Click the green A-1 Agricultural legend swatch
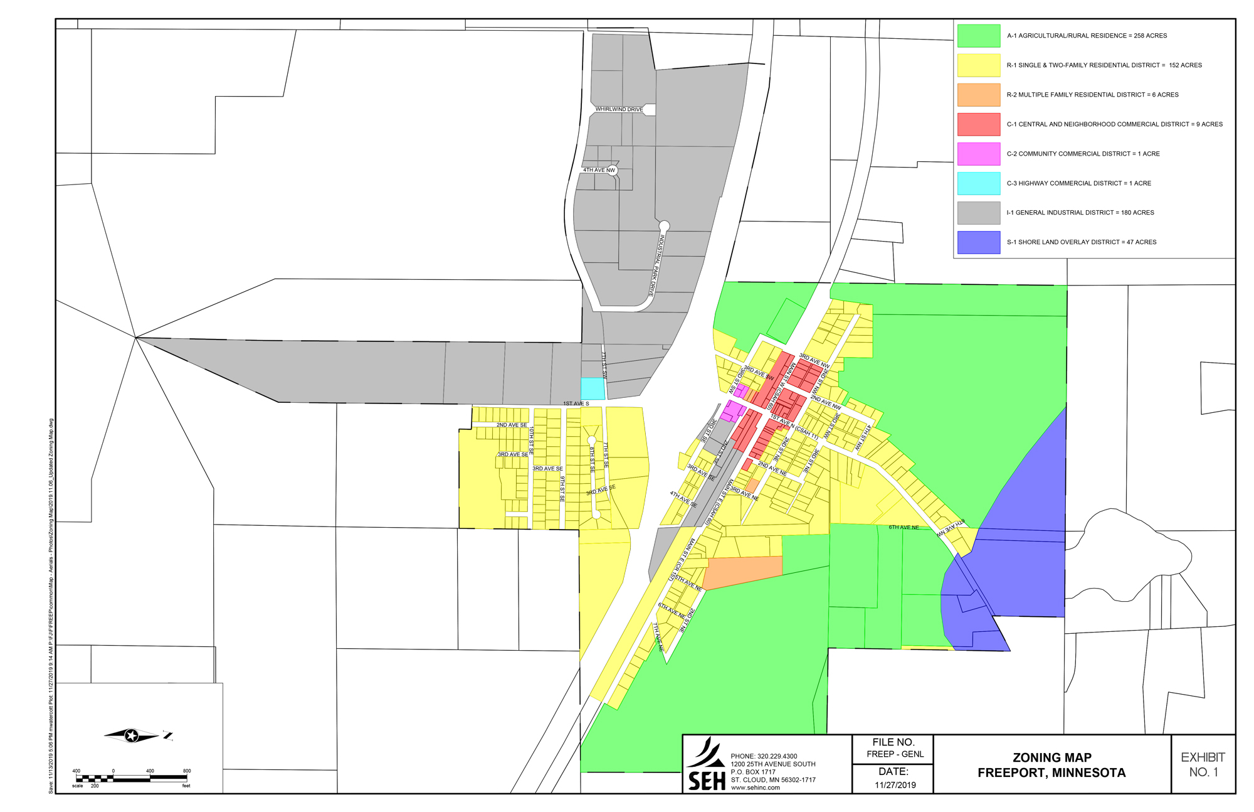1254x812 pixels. coord(978,36)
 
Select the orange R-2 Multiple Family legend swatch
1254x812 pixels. coord(978,95)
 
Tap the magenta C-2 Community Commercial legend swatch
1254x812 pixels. coord(978,154)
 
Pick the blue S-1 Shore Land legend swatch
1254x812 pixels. coord(978,242)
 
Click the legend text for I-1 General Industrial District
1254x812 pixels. coord(1080,213)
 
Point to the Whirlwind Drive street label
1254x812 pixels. coord(619,109)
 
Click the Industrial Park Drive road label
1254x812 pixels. coord(656,265)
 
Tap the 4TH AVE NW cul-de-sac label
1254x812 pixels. coord(599,170)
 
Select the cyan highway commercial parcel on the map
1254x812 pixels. coord(593,388)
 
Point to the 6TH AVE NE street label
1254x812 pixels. coord(904,527)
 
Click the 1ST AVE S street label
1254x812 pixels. coord(576,403)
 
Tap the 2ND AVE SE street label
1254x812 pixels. coord(512,425)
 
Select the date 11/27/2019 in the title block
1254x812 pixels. coord(895,785)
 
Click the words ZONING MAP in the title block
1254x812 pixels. coord(1051,757)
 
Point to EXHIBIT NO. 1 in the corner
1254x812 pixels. coord(1203,764)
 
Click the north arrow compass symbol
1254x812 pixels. coord(132,735)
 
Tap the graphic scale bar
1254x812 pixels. coord(132,778)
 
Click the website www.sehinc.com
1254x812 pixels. coord(755,788)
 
